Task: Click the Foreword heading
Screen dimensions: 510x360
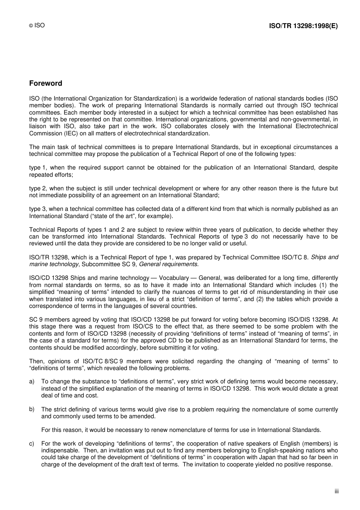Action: coord(45,83)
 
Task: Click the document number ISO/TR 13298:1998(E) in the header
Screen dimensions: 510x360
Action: coord(303,26)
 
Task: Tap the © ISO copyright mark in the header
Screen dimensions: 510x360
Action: coord(37,25)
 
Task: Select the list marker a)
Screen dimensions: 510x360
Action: coord(32,381)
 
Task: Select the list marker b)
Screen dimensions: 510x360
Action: coord(32,409)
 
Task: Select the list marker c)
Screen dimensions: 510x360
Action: coord(32,444)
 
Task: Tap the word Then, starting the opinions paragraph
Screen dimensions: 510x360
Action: coord(36,361)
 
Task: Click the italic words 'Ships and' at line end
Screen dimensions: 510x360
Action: coord(324,257)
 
